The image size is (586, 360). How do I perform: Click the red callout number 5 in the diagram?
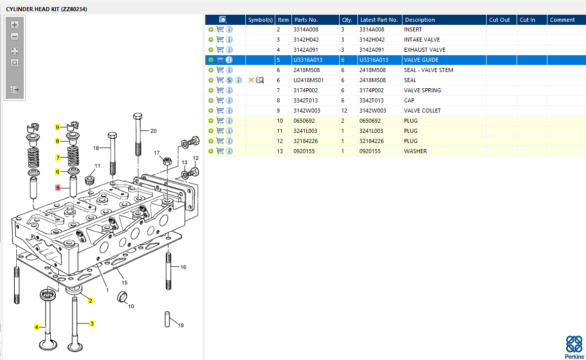click(58, 188)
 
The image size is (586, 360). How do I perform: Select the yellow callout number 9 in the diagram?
click(58, 127)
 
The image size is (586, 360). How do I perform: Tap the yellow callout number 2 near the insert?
click(90, 301)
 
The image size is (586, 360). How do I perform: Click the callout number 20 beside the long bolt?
click(154, 131)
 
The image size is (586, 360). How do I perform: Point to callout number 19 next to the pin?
click(181, 325)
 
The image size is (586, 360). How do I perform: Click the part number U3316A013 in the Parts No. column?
click(308, 60)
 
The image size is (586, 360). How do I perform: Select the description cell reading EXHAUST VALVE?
click(425, 50)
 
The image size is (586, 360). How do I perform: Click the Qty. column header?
click(347, 20)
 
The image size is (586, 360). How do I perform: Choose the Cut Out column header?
click(500, 20)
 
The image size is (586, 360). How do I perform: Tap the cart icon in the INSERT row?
click(220, 29)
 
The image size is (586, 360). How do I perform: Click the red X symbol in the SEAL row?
click(251, 80)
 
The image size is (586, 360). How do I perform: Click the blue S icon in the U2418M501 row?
click(229, 80)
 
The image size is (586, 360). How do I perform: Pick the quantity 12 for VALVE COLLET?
click(345, 111)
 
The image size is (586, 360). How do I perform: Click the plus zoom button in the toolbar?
click(15, 24)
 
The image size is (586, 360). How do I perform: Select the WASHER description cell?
click(415, 151)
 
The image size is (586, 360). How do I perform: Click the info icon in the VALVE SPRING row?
click(229, 90)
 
